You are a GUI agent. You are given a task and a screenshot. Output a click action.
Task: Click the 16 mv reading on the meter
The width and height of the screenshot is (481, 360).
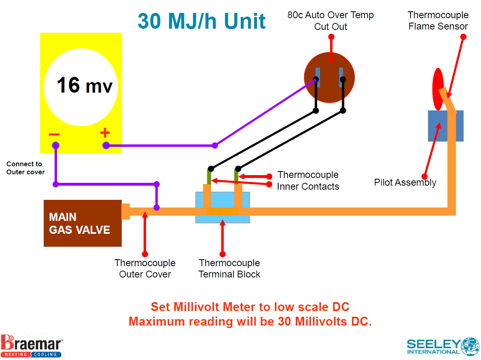point(84,85)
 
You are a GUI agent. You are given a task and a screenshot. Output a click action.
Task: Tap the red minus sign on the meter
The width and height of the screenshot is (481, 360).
point(54,134)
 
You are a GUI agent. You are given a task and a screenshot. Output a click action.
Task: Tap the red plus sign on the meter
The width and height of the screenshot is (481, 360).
point(105,132)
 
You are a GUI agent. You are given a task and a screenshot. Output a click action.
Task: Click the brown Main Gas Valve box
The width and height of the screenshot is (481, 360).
point(83,223)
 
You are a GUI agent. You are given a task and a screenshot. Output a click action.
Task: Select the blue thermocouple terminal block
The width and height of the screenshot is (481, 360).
point(222,208)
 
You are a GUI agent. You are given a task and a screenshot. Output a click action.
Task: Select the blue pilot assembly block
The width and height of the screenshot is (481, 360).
point(445,126)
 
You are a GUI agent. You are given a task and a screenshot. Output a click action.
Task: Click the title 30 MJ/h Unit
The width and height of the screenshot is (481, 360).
point(201,21)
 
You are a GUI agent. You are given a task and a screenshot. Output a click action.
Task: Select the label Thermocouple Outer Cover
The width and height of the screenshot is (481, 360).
point(145,269)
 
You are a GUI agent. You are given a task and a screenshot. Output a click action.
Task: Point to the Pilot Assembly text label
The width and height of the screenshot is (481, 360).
point(405,182)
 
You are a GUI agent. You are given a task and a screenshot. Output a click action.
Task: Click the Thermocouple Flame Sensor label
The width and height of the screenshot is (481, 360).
point(438,21)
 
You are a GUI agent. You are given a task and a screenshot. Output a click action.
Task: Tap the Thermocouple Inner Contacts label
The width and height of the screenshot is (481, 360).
point(308,180)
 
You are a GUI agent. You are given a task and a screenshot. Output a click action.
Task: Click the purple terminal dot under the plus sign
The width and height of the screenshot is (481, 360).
point(106,146)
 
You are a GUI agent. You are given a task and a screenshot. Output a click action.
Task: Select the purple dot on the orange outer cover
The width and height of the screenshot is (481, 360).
point(157,208)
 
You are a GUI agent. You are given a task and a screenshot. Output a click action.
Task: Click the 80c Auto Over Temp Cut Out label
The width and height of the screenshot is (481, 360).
point(331,21)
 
